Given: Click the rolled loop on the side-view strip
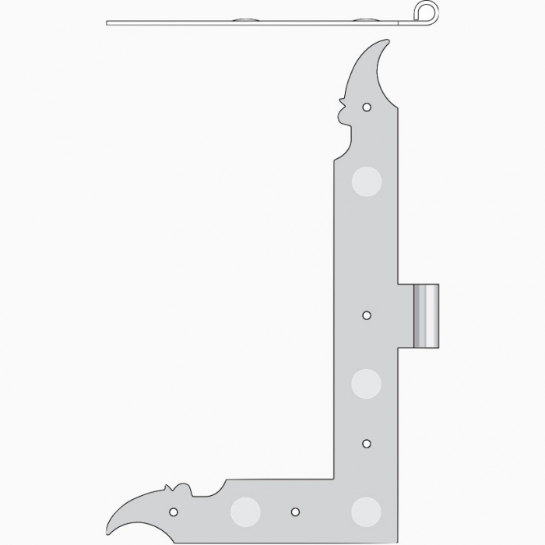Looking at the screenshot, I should pos(422,12).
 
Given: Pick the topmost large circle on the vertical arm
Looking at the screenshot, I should pos(367,181).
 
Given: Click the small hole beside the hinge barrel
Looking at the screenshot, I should pos(367,315).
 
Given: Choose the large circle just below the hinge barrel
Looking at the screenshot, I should pos(366,383).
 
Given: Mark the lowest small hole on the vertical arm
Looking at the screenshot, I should pos(367,443).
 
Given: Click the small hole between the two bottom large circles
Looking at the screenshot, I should pos(295,512).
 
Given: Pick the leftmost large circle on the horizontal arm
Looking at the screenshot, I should pos(245,511).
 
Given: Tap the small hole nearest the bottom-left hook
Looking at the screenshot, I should pos(174,512).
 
